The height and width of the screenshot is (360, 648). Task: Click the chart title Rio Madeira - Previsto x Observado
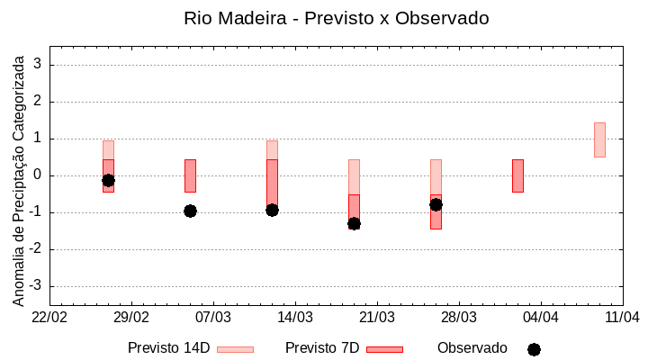coord(336,18)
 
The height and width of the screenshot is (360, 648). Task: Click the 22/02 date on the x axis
coord(49,317)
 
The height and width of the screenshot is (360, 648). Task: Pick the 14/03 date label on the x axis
coord(295,317)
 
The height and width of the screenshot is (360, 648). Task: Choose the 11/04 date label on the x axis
coord(622,317)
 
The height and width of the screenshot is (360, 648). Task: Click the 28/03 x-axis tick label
coord(459,317)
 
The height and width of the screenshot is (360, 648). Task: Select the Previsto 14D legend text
coord(168,348)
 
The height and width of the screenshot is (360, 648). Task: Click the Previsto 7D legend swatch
coord(384,349)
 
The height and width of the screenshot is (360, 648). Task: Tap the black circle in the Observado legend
coord(534,349)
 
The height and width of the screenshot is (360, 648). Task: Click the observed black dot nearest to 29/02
coord(108,180)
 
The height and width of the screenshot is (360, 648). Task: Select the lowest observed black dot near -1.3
coord(354,223)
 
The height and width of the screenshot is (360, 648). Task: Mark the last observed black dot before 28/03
coord(436,204)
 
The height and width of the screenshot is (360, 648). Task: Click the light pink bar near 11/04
coord(599,139)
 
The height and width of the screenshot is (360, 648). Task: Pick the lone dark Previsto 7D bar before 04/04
coord(517,175)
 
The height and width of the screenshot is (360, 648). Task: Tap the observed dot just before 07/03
coord(190,211)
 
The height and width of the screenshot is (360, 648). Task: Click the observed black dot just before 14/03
coord(272,210)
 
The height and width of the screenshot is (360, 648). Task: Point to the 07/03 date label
coord(213,317)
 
